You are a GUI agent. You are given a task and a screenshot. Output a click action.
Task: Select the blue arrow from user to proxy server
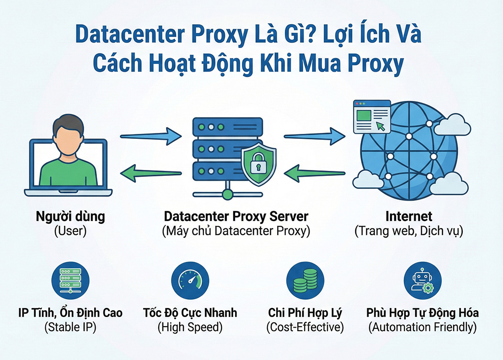150,135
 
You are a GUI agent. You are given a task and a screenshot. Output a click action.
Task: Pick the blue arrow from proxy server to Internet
314,134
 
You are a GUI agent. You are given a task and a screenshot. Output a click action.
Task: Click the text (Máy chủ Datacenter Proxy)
236,231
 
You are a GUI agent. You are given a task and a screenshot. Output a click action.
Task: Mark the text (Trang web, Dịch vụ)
409,231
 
